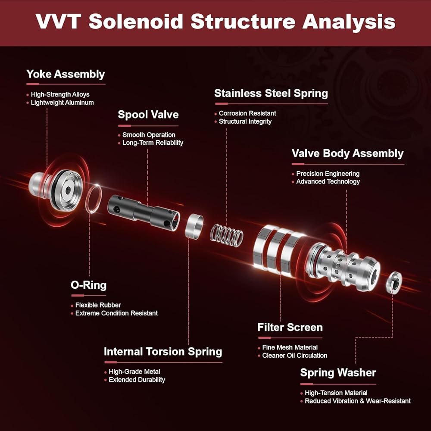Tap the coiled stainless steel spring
(227, 235)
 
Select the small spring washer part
(394, 282)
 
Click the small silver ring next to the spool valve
(194, 226)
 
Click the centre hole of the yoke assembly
(68, 190)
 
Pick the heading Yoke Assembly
(66, 74)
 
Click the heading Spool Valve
(148, 114)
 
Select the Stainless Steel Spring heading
(271, 93)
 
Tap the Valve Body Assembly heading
(347, 153)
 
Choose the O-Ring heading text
(88, 285)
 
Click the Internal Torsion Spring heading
(163, 352)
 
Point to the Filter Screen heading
(290, 328)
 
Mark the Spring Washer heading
(338, 373)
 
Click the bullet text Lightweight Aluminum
(62, 103)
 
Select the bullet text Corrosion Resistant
(247, 113)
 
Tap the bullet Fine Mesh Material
(290, 347)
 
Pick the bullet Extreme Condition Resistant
(116, 313)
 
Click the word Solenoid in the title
(136, 22)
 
